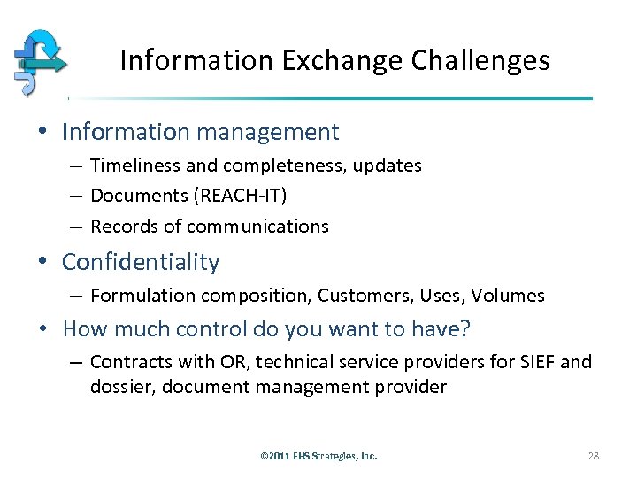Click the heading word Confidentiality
[x=141, y=263]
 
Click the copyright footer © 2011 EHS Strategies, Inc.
[x=318, y=456]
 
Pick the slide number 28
[x=593, y=456]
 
